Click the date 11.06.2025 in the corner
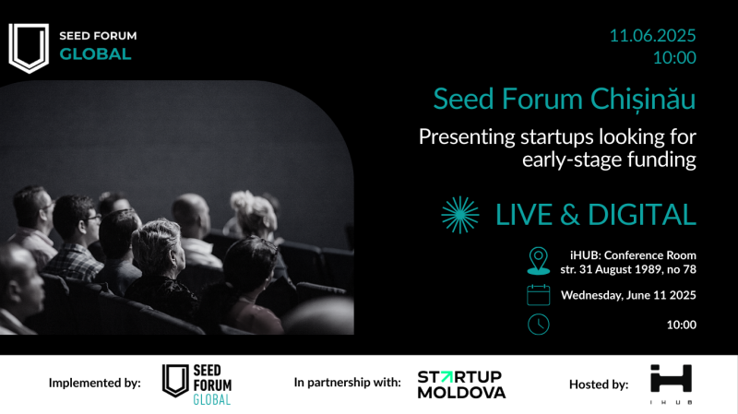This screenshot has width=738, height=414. click(652, 36)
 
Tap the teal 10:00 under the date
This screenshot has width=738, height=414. click(674, 57)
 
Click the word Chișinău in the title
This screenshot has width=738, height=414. click(643, 100)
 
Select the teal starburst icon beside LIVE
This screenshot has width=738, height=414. click(459, 215)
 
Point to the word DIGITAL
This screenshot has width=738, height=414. click(642, 215)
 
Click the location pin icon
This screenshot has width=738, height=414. click(539, 261)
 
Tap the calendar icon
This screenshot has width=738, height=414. click(539, 295)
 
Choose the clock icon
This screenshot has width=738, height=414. click(539, 325)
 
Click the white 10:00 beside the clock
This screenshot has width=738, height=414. click(681, 325)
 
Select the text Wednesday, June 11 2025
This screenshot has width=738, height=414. click(628, 295)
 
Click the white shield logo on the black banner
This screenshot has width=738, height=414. click(29, 48)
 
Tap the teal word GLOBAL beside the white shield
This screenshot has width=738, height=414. click(95, 54)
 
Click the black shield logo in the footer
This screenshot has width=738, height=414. click(175, 381)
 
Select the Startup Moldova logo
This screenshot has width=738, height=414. click(461, 384)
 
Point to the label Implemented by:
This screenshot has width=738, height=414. click(95, 383)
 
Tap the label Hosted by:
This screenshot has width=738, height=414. click(599, 384)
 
